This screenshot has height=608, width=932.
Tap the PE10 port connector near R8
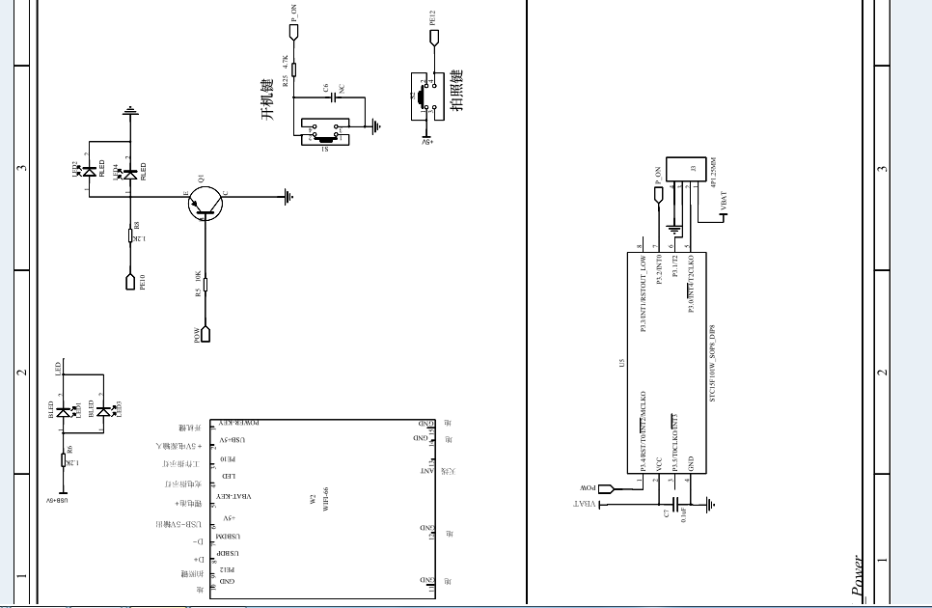click(130, 282)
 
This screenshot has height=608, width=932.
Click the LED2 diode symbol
click(90, 172)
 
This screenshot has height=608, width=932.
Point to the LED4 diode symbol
click(130, 172)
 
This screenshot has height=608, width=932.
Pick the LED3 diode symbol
click(103, 410)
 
